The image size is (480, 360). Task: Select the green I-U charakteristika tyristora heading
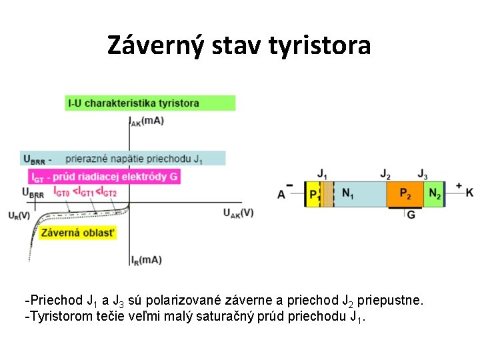(151, 103)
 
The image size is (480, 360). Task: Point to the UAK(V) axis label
(238, 213)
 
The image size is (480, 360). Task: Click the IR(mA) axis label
(146, 259)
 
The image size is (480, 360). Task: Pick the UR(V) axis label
(19, 215)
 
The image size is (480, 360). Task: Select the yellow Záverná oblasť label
(78, 233)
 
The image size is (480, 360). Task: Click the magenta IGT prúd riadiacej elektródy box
(105, 177)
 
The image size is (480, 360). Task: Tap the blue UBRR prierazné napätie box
(123, 158)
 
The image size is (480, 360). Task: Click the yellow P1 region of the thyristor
(313, 194)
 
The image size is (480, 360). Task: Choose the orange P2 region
(405, 193)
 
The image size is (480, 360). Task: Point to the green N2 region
(434, 193)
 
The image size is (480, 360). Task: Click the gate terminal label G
(411, 215)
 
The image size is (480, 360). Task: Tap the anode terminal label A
(281, 194)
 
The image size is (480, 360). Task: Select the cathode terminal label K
(469, 193)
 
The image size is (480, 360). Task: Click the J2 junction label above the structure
(385, 174)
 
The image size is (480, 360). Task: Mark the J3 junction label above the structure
(422, 174)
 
